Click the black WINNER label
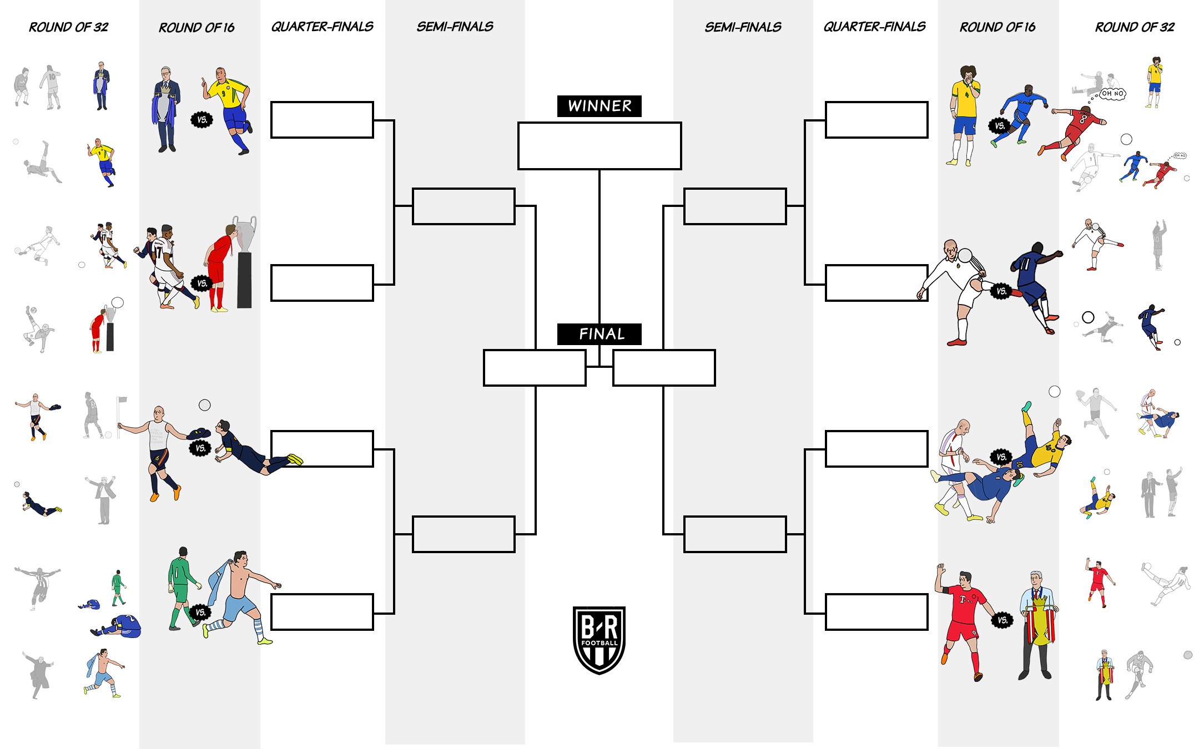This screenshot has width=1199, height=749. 599,106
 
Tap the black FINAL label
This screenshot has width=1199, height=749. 599,334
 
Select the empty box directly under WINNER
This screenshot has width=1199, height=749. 599,146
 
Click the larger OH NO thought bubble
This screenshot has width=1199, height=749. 1112,94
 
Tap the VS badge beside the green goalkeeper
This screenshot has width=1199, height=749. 200,613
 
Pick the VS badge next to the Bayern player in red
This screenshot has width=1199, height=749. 1002,620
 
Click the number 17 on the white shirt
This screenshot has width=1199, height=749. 158,252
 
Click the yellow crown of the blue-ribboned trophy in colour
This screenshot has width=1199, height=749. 165,87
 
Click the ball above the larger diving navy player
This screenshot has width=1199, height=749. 205,405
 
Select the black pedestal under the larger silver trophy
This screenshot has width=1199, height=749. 244,280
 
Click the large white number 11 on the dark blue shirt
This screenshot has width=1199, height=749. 1025,264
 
